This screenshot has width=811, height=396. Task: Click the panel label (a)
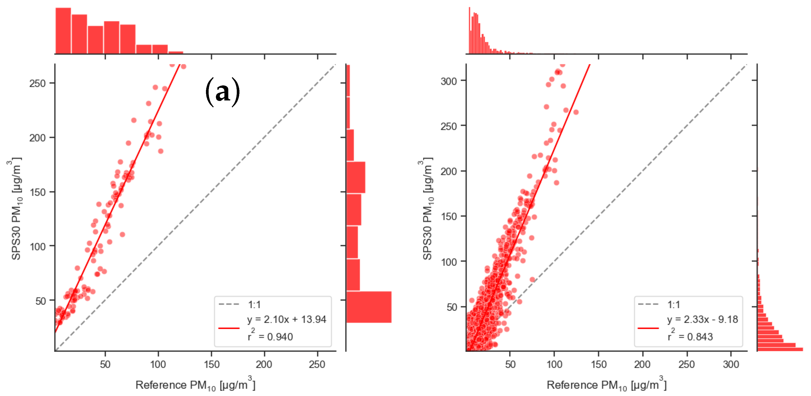[223, 92]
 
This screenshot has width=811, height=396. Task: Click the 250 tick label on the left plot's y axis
[37, 83]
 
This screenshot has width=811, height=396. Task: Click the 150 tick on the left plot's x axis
[211, 364]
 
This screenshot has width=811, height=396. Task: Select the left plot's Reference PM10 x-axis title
[195, 385]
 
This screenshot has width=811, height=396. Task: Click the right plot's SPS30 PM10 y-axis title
[427, 208]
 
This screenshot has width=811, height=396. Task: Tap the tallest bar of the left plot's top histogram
[63, 31]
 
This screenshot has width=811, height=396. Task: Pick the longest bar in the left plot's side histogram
[369, 307]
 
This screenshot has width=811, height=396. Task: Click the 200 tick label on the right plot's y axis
[448, 171]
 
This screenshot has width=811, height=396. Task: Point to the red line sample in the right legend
[648, 328]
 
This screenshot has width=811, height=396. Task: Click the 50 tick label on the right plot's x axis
[510, 364]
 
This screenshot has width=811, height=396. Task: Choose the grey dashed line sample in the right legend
[648, 304]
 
